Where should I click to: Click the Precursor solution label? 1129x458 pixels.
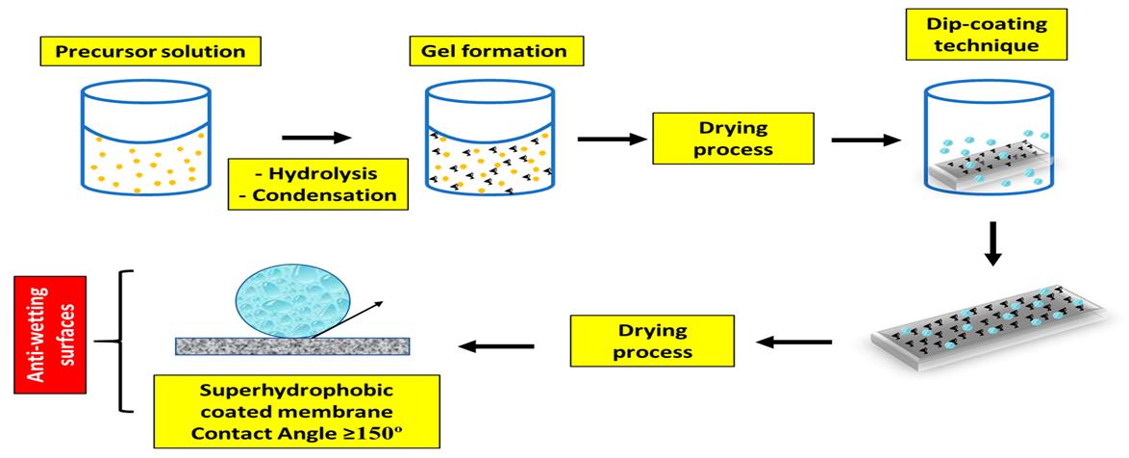coord(150,51)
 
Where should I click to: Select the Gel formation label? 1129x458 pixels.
coord(496,51)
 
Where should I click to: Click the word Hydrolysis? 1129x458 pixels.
coord(317,175)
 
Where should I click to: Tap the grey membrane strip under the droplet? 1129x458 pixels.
coord(292,346)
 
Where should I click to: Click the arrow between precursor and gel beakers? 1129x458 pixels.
coord(316,138)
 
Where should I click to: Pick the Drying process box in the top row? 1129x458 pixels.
coord(733,139)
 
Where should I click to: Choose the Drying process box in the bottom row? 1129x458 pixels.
coord(652,340)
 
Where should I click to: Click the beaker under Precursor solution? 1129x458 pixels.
coord(147,138)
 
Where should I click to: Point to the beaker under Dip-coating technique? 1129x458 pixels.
coord(988,138)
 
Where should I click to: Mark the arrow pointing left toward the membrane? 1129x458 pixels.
coord(496,346)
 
